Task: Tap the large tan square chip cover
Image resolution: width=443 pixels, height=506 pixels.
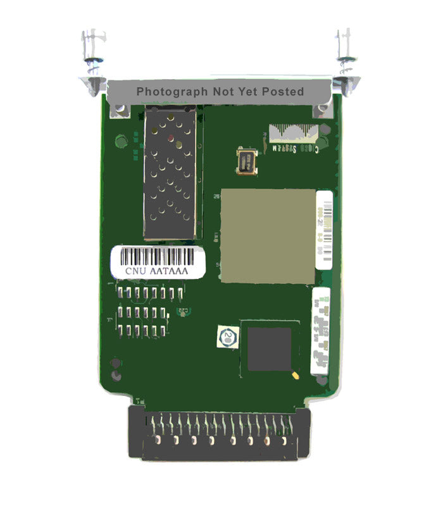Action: pyautogui.click(x=267, y=235)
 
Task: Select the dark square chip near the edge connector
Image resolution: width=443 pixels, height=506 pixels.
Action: pyautogui.click(x=269, y=349)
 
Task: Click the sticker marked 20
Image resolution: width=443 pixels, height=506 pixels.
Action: pyautogui.click(x=227, y=335)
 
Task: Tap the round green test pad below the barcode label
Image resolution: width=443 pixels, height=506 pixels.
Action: pyautogui.click(x=185, y=310)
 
